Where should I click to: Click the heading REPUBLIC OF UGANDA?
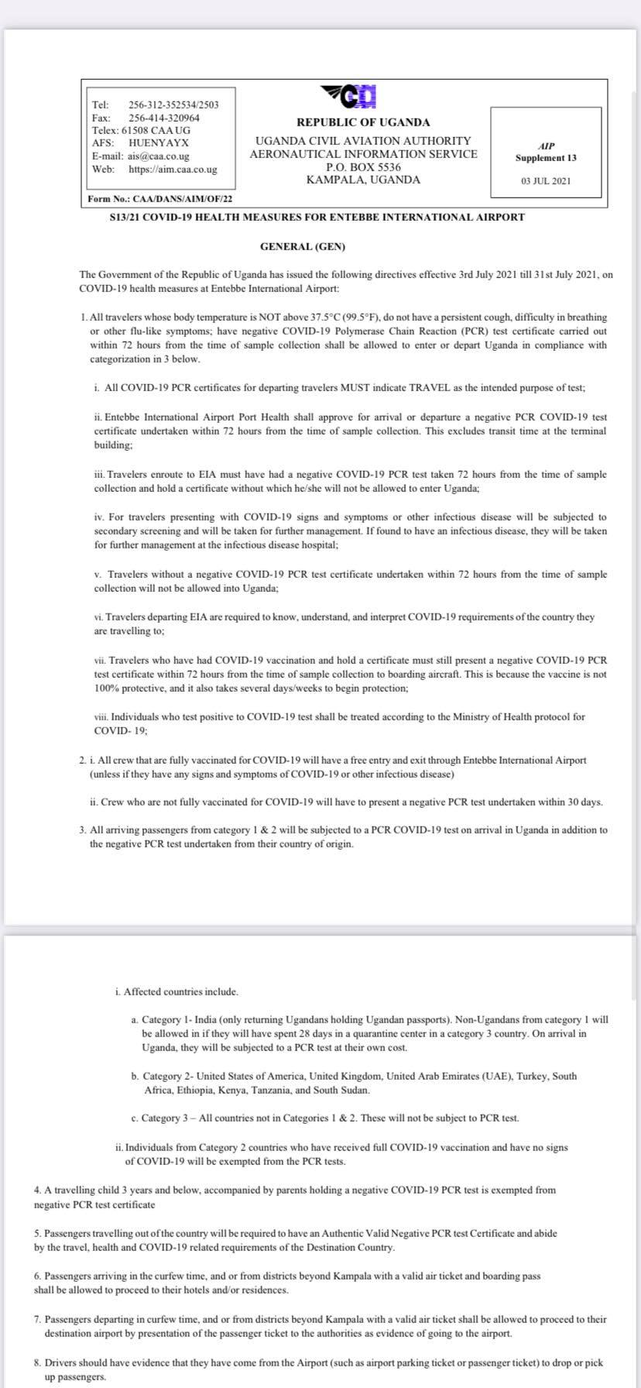coord(363,122)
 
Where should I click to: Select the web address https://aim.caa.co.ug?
coord(173,169)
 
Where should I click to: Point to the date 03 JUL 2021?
coord(546,180)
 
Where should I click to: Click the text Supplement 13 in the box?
coord(546,158)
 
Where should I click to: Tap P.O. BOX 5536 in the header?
coord(363,167)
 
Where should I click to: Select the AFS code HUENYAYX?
coord(159,143)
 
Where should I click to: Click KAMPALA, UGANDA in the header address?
coord(363,180)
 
